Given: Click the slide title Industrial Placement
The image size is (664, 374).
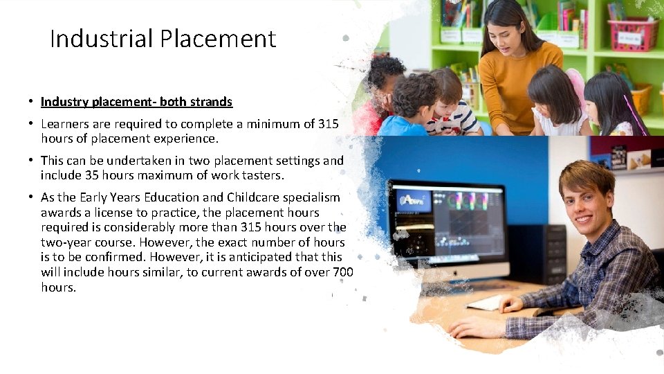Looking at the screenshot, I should coord(163,39).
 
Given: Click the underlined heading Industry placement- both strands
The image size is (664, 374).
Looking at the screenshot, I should coord(136,102).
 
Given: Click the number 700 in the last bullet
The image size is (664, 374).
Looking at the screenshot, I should coord(343,272).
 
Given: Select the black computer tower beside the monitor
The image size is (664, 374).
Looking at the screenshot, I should coord(536,253).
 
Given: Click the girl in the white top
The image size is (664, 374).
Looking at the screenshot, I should coord(557,104).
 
